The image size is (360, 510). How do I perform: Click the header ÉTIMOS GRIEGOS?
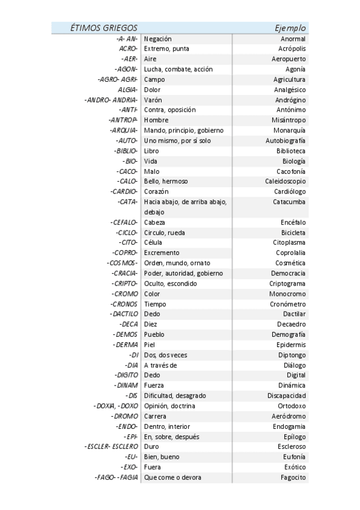(x=104, y=28)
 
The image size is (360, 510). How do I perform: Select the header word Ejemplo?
(x=290, y=28)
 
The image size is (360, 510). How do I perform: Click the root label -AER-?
(x=129, y=59)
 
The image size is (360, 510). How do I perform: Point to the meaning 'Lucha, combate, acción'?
(x=178, y=69)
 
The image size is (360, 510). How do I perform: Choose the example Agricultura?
(x=289, y=79)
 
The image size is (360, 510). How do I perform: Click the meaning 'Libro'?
(x=151, y=151)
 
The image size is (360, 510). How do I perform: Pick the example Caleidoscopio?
(x=285, y=181)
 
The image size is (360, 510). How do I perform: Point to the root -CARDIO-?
(x=124, y=191)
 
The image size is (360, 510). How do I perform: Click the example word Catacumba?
(x=289, y=201)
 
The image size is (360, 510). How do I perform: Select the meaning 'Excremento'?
(x=162, y=253)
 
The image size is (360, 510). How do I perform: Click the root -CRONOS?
(x=124, y=304)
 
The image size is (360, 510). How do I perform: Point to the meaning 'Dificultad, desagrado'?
(x=175, y=396)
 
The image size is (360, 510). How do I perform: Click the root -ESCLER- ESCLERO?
(x=112, y=447)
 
